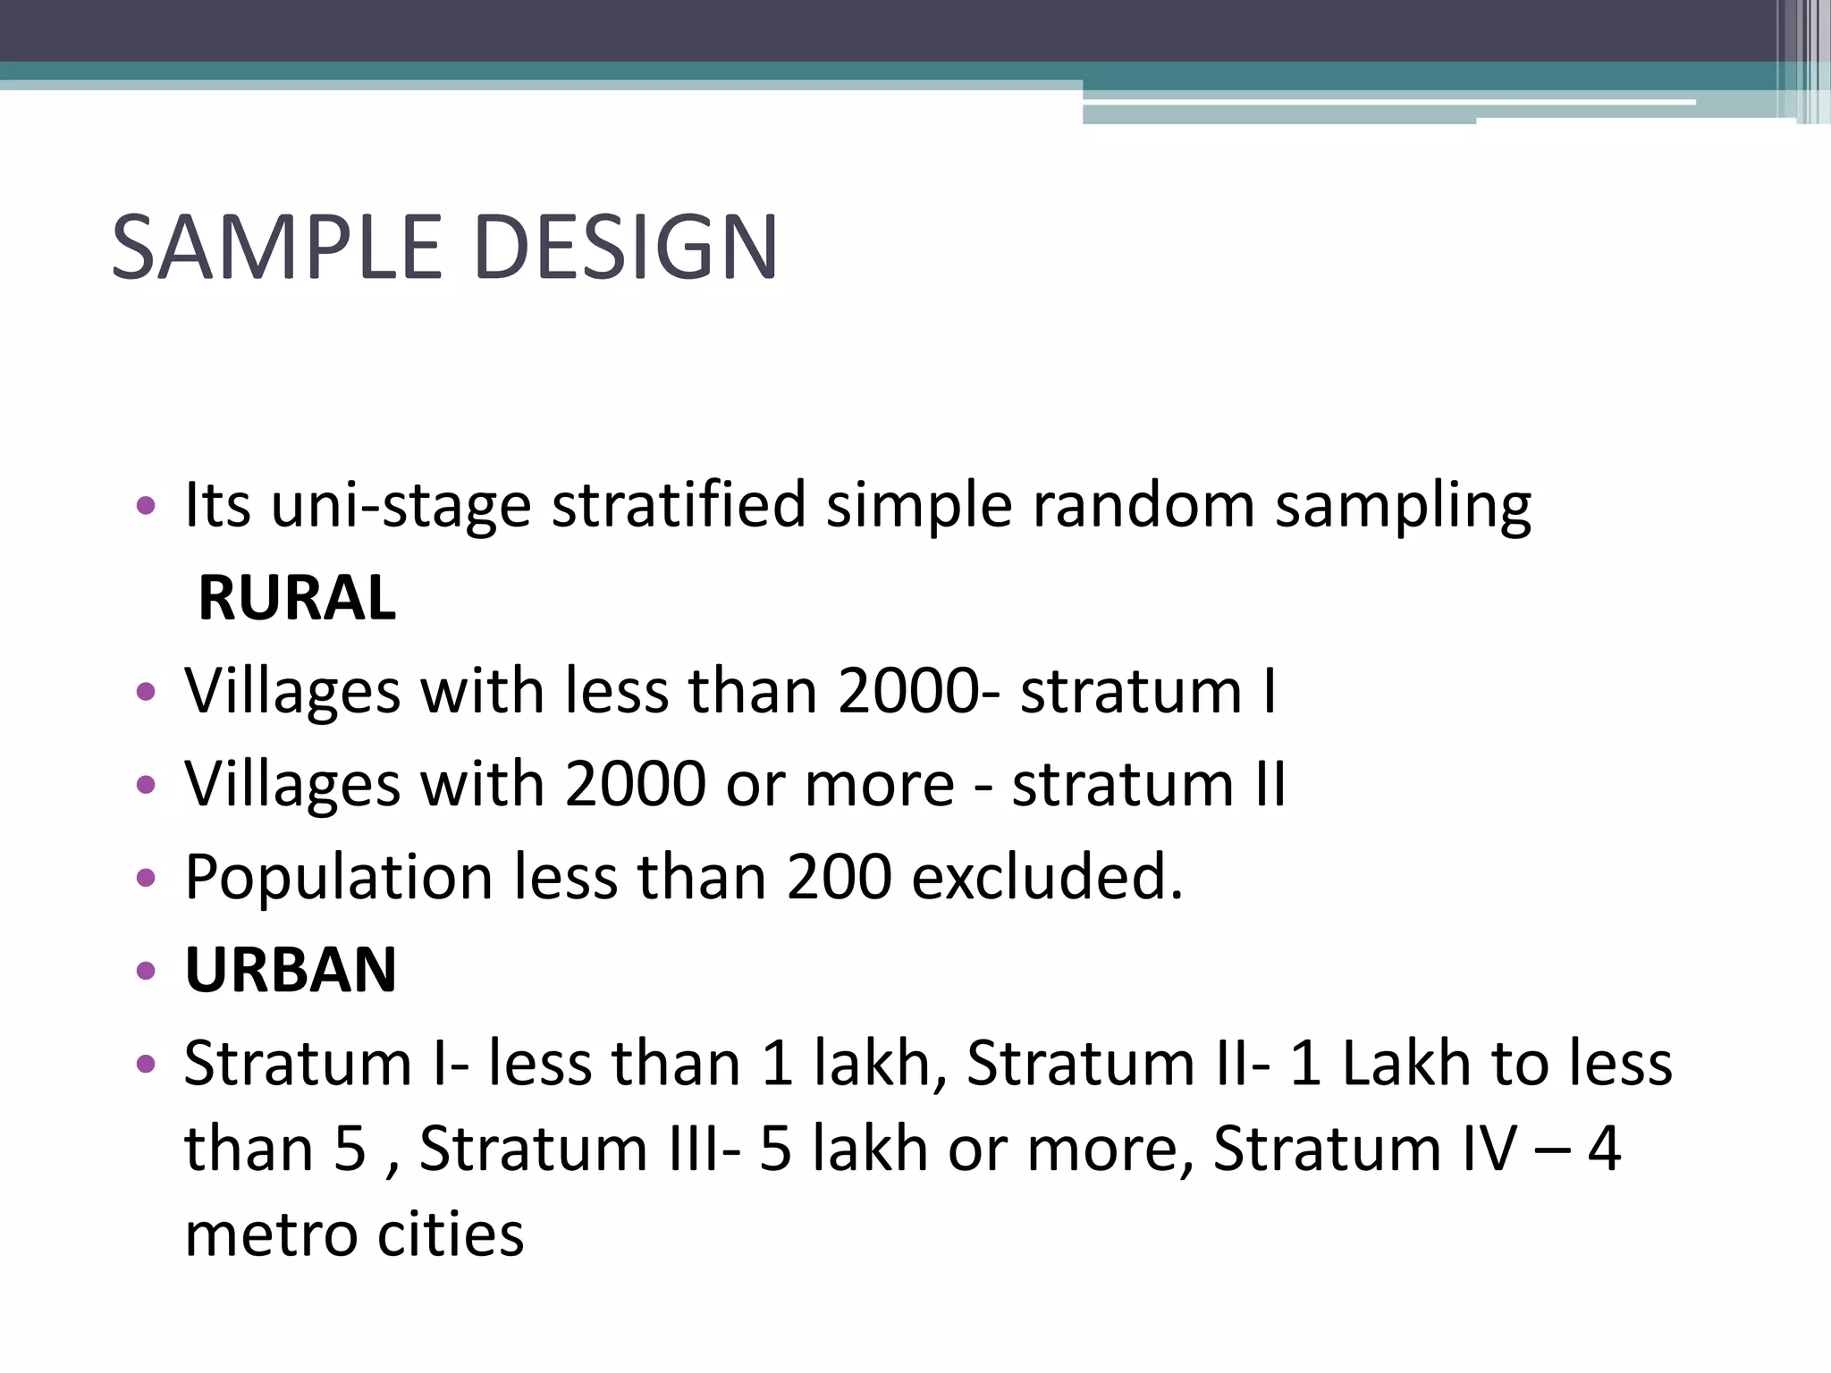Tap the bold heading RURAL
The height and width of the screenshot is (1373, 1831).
[x=296, y=597]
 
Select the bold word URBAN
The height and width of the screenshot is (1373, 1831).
[x=291, y=970]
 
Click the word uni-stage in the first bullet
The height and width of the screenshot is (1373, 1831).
[x=401, y=506]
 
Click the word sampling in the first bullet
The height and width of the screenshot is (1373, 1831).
[x=1403, y=506]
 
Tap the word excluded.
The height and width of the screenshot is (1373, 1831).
[x=1048, y=877]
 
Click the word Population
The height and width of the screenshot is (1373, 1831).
[x=339, y=877]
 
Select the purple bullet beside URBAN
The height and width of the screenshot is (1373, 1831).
[x=146, y=971]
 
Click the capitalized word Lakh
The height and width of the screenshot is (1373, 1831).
[x=1407, y=1064]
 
